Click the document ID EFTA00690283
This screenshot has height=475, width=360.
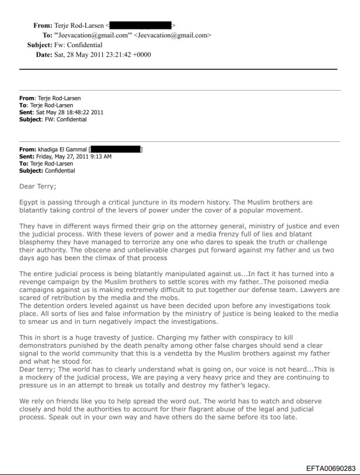tap(331, 469)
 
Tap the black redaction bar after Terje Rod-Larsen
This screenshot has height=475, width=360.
tap(141, 25)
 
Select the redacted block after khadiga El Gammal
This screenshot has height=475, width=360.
tap(116, 150)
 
